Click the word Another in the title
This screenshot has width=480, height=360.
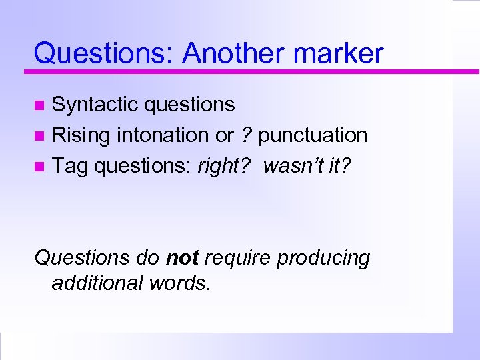(233, 53)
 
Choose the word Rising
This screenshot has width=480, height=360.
(81, 135)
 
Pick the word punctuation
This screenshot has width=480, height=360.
(313, 135)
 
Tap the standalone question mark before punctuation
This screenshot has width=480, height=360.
(246, 135)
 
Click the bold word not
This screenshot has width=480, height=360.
(182, 257)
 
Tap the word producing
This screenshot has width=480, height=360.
(323, 258)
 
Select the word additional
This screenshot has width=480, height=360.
(93, 283)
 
